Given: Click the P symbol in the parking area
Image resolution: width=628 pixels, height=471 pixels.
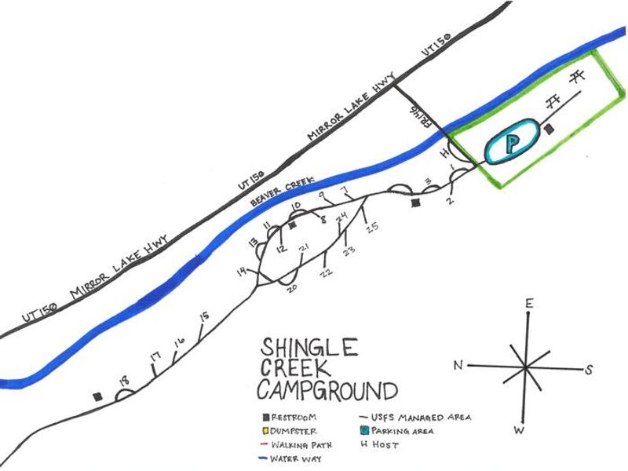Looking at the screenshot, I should [512, 144].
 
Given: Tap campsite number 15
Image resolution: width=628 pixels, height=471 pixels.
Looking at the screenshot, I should [204, 316].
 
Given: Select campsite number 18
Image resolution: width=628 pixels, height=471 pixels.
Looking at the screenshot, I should [123, 382].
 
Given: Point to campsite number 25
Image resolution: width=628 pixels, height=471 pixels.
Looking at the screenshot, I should [372, 228].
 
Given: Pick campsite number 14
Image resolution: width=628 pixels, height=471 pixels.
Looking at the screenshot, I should [242, 272].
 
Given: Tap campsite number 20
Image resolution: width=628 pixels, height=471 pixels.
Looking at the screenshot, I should [292, 288].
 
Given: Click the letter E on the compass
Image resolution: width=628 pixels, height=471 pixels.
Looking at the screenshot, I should [530, 304].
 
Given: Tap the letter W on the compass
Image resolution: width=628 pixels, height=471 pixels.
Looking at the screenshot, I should [517, 429].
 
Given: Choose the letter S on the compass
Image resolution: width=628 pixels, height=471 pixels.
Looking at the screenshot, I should [588, 369].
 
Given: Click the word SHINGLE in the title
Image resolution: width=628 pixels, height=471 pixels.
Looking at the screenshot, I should [309, 347].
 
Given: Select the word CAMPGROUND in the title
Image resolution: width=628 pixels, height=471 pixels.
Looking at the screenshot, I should [327, 389].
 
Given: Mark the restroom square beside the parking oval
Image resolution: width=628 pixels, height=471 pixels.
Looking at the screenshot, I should [549, 128].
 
